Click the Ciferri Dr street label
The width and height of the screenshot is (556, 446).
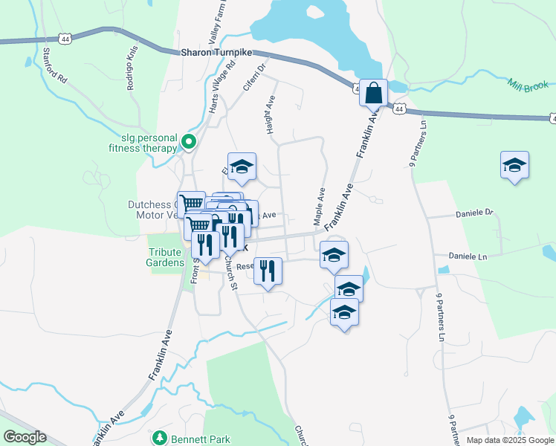tap(254, 77)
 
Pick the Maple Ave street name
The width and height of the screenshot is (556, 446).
tap(320, 206)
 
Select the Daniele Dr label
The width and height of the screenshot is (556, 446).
tap(473, 213)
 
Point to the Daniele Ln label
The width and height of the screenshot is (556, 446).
tap(467, 256)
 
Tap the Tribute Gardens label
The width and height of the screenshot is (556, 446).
tap(165, 257)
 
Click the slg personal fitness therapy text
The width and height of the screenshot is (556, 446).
tap(149, 143)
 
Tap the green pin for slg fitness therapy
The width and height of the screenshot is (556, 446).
tap(189, 141)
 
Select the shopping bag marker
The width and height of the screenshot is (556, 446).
tap(373, 94)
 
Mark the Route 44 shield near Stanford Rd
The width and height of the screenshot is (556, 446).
tap(60, 37)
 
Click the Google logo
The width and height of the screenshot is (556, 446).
tap(25, 437)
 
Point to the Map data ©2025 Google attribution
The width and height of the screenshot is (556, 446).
tap(509, 440)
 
